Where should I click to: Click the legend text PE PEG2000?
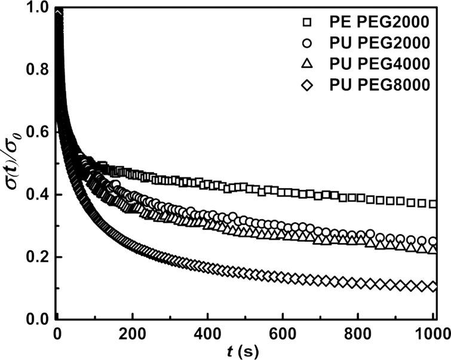coord(380,23)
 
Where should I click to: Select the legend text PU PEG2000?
coord(380,44)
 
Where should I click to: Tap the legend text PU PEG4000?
coord(380,64)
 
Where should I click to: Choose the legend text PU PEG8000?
coord(380,85)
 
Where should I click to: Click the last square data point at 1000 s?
coord(433,204)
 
